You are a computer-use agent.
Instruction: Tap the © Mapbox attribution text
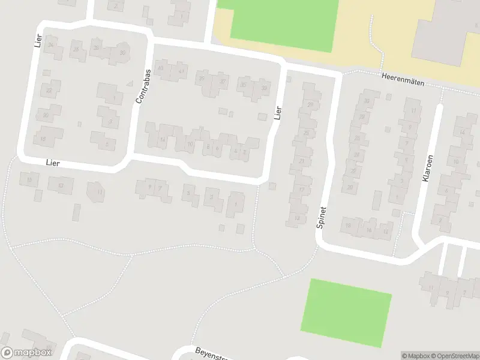click(415, 356)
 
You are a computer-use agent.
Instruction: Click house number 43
click(160, 69)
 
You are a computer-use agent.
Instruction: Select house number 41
click(181, 71)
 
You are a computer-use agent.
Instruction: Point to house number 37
click(223, 82)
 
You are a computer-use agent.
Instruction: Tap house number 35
click(243, 85)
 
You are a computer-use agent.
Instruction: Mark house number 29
click(310, 104)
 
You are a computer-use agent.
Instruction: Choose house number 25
click(307, 133)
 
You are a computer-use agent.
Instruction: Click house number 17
click(301, 190)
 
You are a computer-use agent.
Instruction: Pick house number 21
click(302, 161)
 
